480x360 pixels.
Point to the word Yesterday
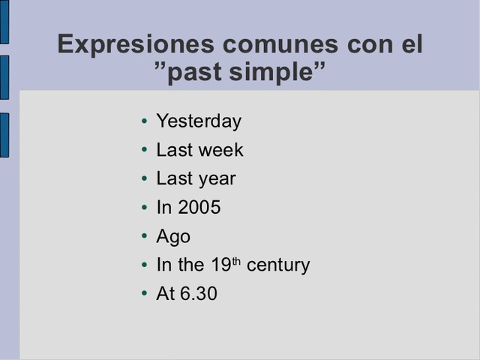pos(199,121)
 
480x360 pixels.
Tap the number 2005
pos(199,208)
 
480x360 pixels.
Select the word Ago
pos(173,237)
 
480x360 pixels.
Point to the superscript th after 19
pos(236,261)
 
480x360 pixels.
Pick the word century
pos(278,265)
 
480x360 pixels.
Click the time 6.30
pos(199,294)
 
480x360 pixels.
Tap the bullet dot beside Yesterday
pos(144,121)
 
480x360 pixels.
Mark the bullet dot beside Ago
pos(144,237)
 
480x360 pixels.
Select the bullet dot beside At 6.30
pos(144,294)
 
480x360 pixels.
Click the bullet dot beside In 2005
pos(144,208)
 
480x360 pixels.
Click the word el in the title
pos(407,44)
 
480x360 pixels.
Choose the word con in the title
pos(365,44)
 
